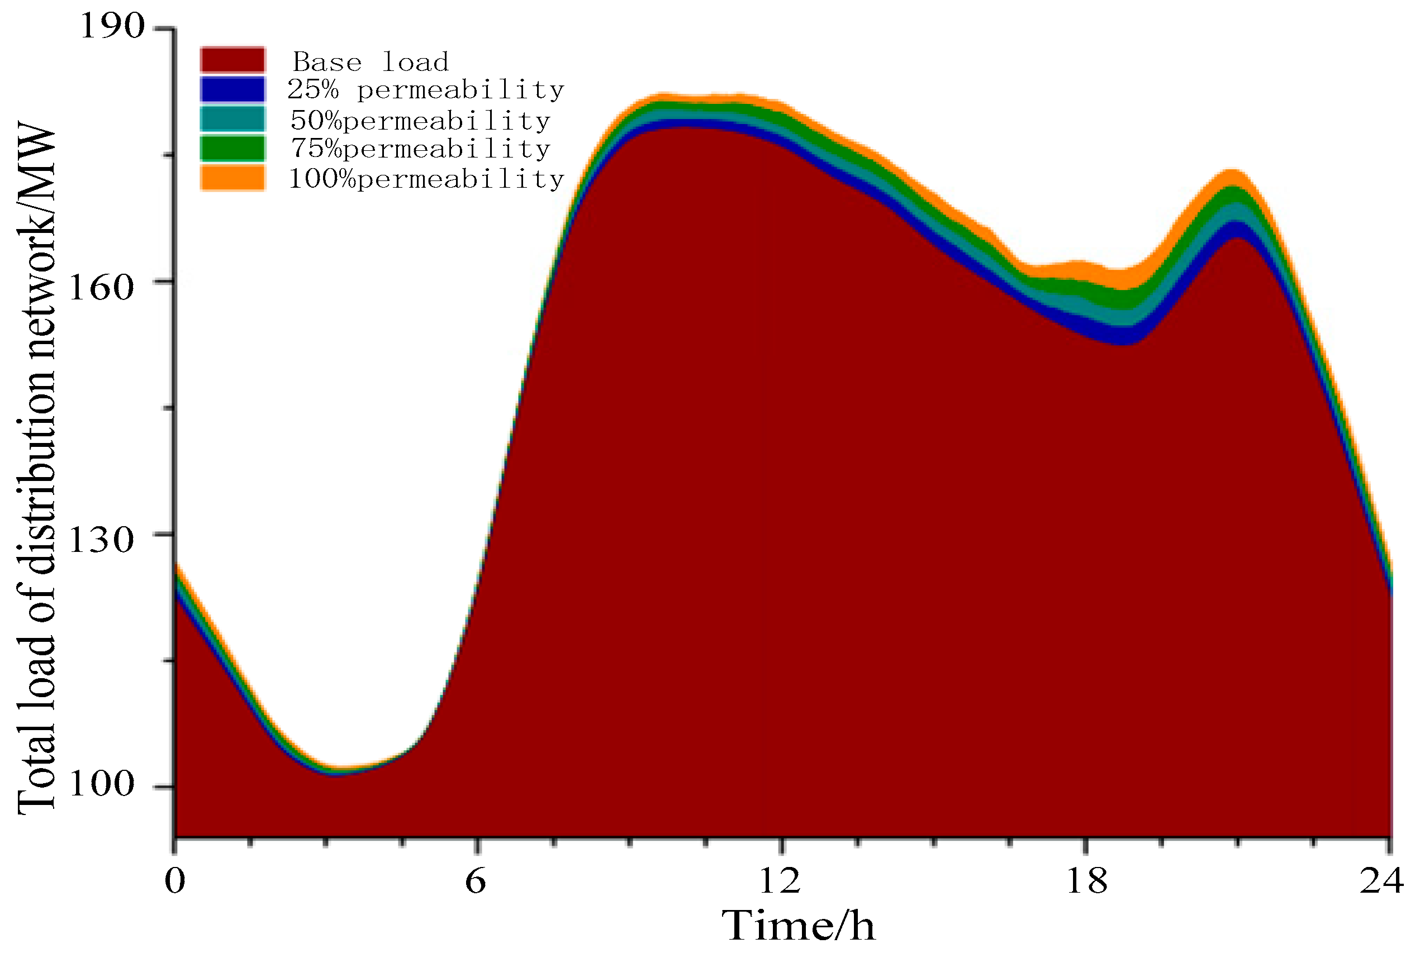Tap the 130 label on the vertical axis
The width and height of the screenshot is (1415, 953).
click(x=101, y=540)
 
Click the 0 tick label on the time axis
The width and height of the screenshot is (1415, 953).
click(x=175, y=880)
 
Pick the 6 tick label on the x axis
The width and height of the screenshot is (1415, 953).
click(x=476, y=880)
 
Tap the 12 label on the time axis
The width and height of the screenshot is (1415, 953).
click(x=780, y=880)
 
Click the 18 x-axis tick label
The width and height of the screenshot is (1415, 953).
click(x=1086, y=880)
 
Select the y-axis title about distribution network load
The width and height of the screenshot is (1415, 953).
click(x=36, y=468)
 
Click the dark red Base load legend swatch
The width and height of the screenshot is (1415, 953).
click(x=233, y=60)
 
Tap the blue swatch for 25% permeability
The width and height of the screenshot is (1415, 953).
click(x=233, y=89)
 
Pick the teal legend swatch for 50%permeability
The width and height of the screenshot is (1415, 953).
click(x=233, y=119)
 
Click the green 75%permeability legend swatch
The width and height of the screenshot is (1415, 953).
click(x=233, y=148)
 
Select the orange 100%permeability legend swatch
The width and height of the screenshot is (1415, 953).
click(x=233, y=178)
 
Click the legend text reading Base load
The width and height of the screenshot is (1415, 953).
click(x=371, y=62)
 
